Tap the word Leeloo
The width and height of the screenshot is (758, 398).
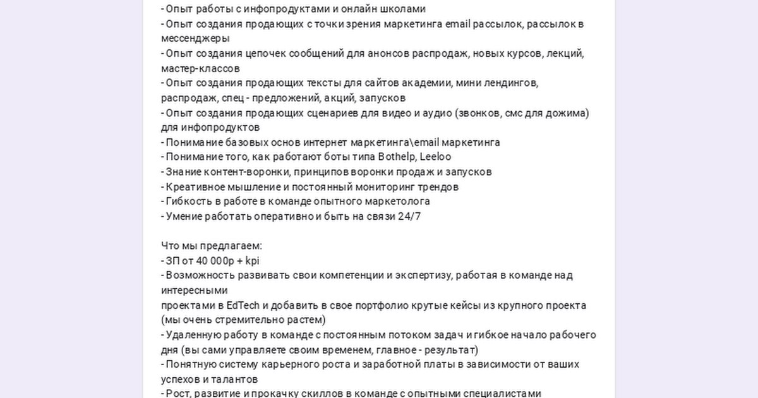tap(436, 157)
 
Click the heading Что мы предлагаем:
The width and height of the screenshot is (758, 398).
tap(211, 246)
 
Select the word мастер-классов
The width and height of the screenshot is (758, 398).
tap(200, 68)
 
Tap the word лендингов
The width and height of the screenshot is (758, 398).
tap(508, 83)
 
